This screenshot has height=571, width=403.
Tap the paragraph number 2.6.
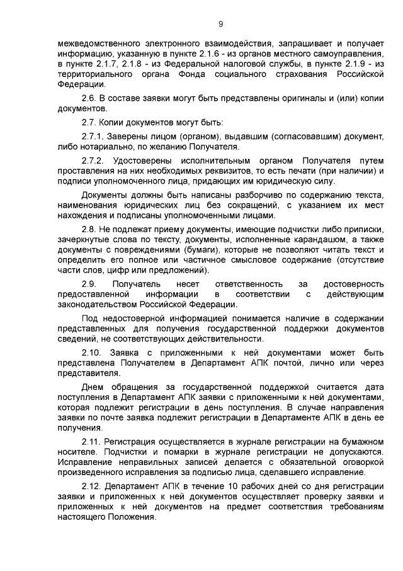(89, 99)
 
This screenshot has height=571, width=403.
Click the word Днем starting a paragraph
(92, 386)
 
